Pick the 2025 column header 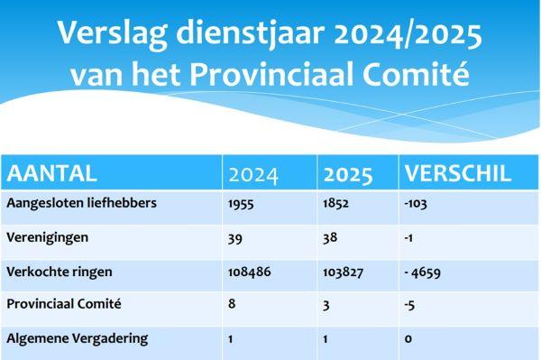click(346, 173)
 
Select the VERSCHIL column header click(458, 172)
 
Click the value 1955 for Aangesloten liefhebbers click(241, 203)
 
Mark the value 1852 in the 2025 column click(335, 203)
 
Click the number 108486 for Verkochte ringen click(250, 272)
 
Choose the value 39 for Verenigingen click(234, 237)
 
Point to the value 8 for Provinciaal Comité click(232, 305)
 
